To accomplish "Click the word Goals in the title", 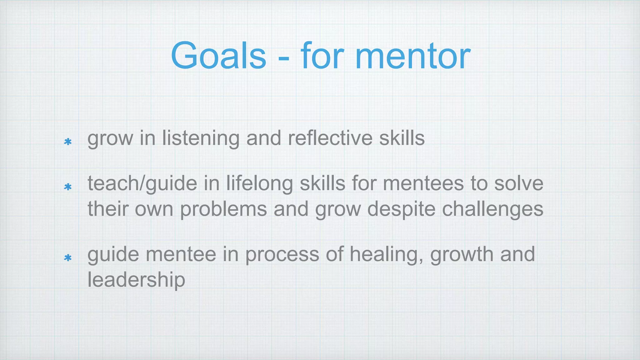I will (x=218, y=56).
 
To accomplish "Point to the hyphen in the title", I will (x=283, y=58).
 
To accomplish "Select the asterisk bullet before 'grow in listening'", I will (x=68, y=142).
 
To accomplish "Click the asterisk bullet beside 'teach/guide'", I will (x=68, y=187).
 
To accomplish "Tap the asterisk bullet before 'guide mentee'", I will (x=68, y=258).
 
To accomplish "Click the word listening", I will (x=201, y=138).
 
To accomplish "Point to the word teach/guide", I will (x=142, y=183).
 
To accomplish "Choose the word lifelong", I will (x=259, y=183).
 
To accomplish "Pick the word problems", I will (x=223, y=209).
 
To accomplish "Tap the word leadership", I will (x=136, y=280).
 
